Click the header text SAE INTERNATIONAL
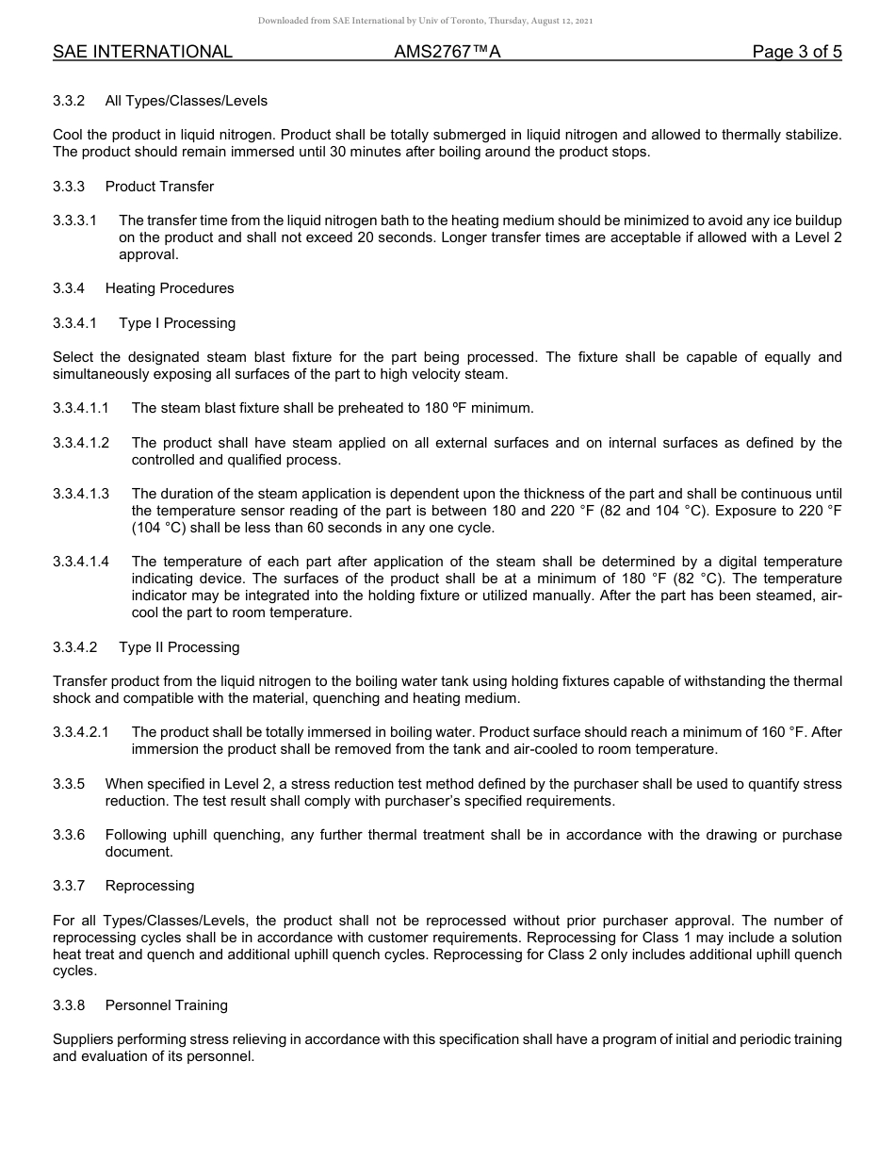tap(142, 52)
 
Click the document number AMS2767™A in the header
tap(447, 52)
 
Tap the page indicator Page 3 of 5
tap(796, 52)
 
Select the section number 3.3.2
tap(69, 101)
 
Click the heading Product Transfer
tap(159, 187)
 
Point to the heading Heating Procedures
tap(170, 288)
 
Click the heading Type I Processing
tap(177, 323)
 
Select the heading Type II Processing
tap(179, 647)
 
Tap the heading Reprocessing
tap(150, 886)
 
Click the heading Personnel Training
tap(167, 1005)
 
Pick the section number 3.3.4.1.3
tap(81, 494)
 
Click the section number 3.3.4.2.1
tap(81, 732)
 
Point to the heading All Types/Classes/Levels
tap(187, 101)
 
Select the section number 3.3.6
tap(69, 835)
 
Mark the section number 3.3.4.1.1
tap(81, 408)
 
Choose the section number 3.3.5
tap(69, 784)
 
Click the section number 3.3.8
tap(69, 1005)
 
